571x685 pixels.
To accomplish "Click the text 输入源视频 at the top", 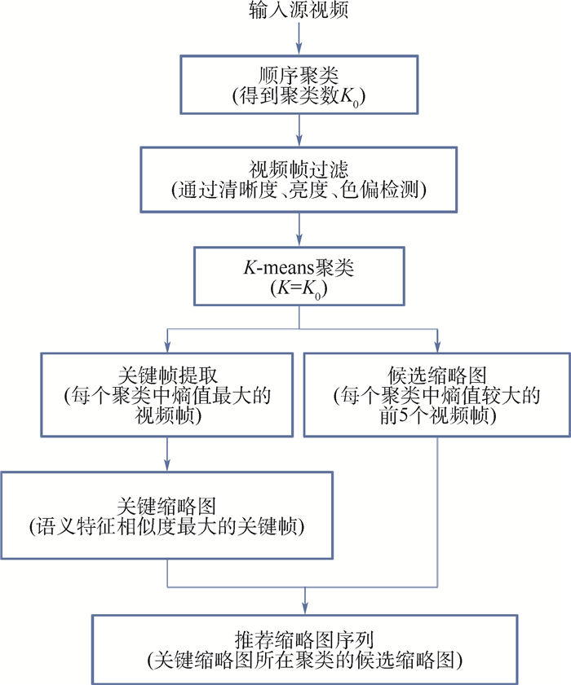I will point(299,11).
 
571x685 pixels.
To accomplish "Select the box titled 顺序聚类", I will point(301,85).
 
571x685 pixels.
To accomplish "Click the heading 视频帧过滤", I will point(301,170).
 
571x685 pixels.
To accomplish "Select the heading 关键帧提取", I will point(167,375).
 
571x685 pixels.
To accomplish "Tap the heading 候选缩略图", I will point(439,375).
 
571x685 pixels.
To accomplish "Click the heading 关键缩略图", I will point(167,504).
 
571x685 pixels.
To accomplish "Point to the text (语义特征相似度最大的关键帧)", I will point(167,525).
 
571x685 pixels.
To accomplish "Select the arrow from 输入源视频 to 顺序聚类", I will point(300,37).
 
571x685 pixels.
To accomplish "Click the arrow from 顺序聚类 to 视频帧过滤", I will point(301,129).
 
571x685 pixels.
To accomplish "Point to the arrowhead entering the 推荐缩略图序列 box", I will point(305,607).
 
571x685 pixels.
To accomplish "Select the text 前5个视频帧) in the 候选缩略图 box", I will point(439,416).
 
